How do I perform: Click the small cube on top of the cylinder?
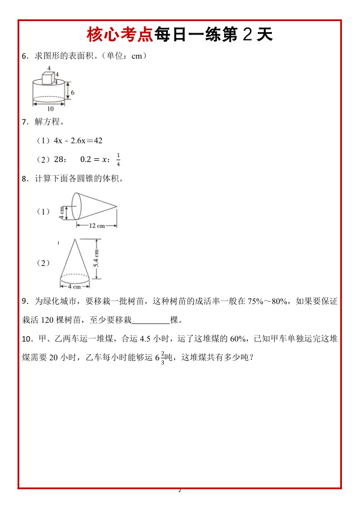click(48, 78)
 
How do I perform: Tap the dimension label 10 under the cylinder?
click(50, 109)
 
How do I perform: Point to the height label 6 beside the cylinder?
click(72, 92)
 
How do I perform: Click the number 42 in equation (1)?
click(97, 140)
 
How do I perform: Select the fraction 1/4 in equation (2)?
click(118, 160)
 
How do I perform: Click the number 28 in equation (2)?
click(59, 160)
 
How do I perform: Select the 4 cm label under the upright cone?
click(74, 287)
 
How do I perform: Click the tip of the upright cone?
click(74, 239)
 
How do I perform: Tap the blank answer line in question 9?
click(150, 320)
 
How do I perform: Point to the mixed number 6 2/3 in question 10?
click(159, 357)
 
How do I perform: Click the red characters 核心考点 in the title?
click(120, 34)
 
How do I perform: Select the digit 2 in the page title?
click(246, 34)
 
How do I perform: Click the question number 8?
click(24, 179)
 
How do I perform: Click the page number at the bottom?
click(179, 490)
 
